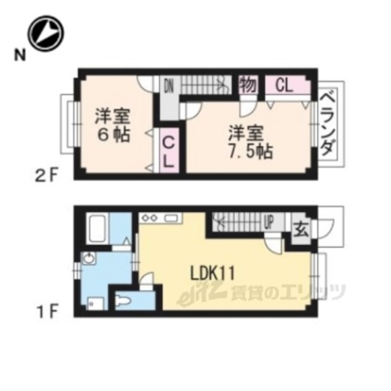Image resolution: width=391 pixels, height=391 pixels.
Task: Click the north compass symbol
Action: (46, 33)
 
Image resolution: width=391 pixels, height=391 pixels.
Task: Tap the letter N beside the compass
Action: (20, 55)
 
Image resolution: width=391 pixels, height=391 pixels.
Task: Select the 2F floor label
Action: (47, 175)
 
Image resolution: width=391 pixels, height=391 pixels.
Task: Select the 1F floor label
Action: (47, 312)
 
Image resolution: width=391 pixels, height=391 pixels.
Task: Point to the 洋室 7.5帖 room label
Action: (250, 142)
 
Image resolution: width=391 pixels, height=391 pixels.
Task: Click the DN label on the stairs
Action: (169, 86)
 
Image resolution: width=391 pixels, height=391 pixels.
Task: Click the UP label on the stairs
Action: (269, 222)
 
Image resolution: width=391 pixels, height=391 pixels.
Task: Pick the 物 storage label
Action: (248, 85)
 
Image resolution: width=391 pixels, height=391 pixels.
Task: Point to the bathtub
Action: (97, 228)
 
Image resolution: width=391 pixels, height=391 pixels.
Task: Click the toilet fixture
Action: (123, 300)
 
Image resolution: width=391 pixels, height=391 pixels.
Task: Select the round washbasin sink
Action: (88, 258)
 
